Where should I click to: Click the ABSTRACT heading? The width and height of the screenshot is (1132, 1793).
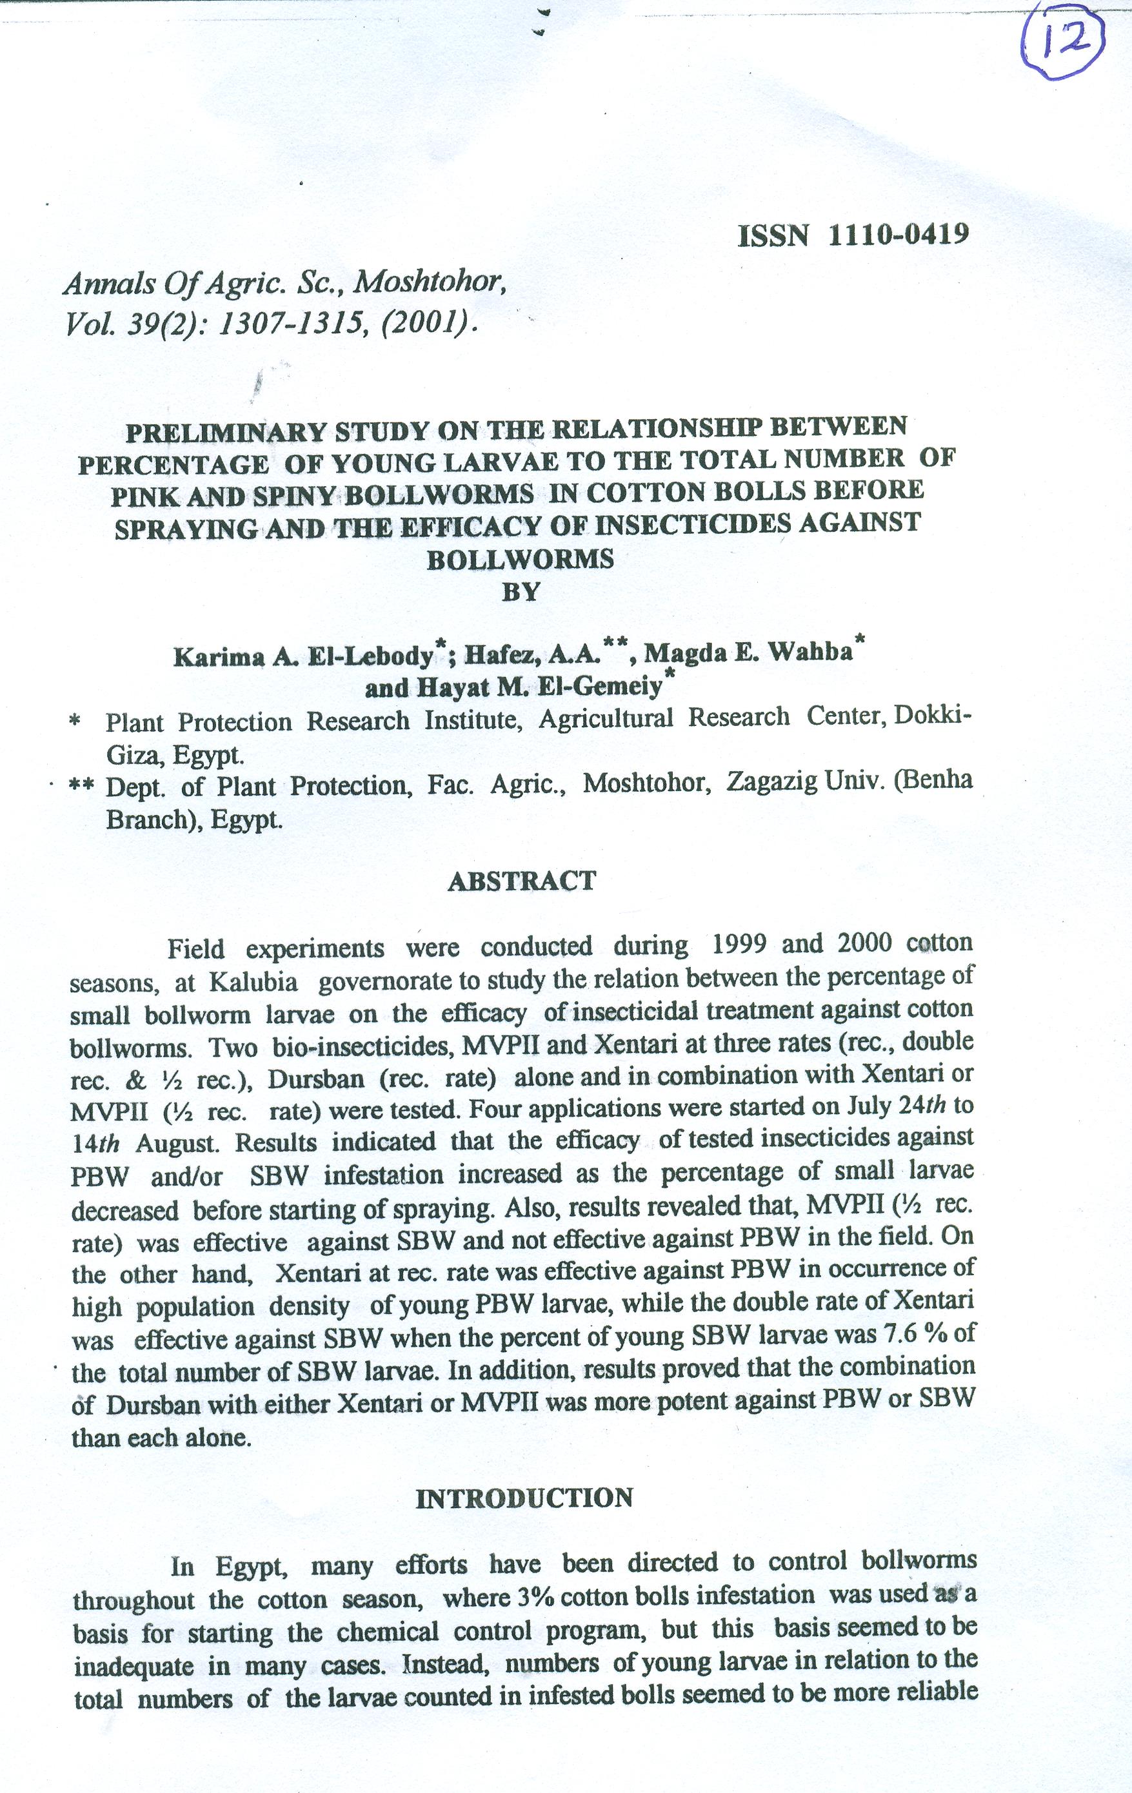pos(522,881)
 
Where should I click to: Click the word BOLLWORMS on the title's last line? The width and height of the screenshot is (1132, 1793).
pos(521,559)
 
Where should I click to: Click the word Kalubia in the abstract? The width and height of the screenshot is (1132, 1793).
pos(254,983)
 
